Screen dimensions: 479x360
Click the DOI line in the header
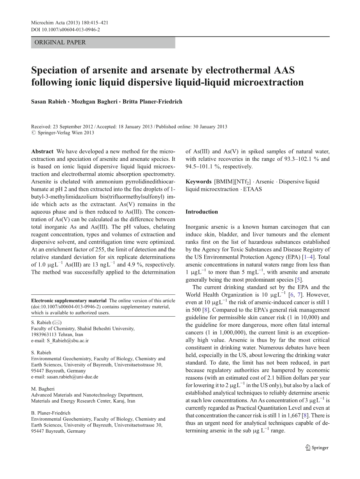click(65, 29)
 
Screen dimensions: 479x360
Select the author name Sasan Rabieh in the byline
click(49, 102)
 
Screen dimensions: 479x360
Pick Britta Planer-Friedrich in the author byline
click(152, 102)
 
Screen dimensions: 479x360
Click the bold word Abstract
click(42, 151)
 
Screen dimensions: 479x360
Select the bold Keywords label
click(198, 181)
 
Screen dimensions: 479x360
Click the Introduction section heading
click(202, 212)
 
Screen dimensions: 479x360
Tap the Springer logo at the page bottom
click(317, 447)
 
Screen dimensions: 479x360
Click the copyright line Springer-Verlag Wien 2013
click(65, 132)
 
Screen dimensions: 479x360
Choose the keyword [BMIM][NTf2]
click(230, 181)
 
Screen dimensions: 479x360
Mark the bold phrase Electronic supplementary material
click(68, 301)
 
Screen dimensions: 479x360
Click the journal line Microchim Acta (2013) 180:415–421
click(69, 23)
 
